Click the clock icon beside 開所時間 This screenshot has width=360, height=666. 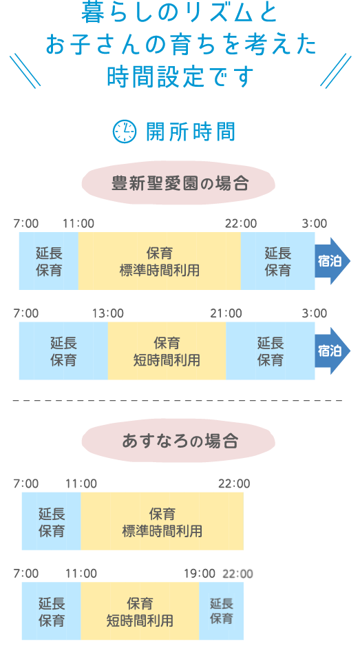pyautogui.click(x=125, y=132)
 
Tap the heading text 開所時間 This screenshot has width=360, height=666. pyautogui.click(x=191, y=132)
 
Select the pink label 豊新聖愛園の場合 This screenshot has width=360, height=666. pyautogui.click(x=179, y=183)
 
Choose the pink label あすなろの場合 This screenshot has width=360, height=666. pyautogui.click(x=179, y=441)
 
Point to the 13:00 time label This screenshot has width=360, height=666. pyautogui.click(x=108, y=313)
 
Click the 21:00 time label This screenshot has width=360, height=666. pyautogui.click(x=226, y=313)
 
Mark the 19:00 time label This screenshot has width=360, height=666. pyautogui.click(x=200, y=574)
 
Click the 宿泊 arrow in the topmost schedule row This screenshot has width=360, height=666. pyautogui.click(x=332, y=261)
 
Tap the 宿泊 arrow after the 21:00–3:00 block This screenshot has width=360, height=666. pyautogui.click(x=332, y=351)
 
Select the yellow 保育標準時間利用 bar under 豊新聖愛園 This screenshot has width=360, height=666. pyautogui.click(x=160, y=261)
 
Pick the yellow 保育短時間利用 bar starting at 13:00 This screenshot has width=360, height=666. pyautogui.click(x=167, y=351)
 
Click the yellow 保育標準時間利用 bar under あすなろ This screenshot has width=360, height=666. pyautogui.click(x=162, y=521)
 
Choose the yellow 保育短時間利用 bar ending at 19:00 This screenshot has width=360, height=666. pyautogui.click(x=140, y=611)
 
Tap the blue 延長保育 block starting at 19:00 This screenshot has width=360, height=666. pyautogui.click(x=221, y=611)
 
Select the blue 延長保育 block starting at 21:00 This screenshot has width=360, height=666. pyautogui.click(x=271, y=351)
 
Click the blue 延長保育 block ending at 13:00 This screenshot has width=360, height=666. pyautogui.click(x=64, y=351)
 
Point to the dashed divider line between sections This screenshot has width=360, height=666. pyautogui.click(x=178, y=400)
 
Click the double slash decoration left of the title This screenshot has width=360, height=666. pyautogui.click(x=25, y=71)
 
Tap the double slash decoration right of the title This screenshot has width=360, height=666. pyautogui.click(x=336, y=71)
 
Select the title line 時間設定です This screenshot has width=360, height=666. pyautogui.click(x=180, y=77)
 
